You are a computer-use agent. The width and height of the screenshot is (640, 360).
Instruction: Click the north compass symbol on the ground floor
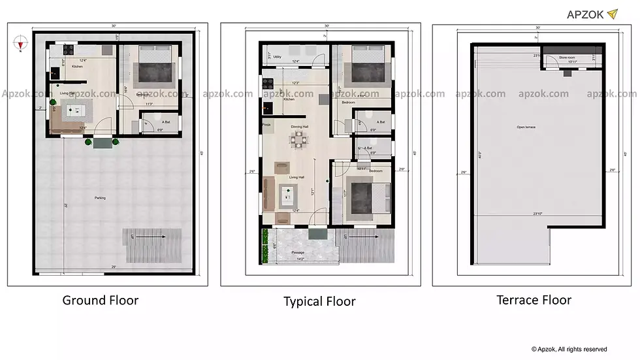[21, 44]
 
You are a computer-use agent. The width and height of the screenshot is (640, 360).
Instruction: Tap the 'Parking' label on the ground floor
[100, 197]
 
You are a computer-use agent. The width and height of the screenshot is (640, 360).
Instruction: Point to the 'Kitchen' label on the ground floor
[77, 67]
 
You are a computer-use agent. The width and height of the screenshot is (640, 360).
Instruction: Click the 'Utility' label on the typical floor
[278, 57]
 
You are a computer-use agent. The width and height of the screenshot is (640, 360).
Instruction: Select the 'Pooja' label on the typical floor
[266, 123]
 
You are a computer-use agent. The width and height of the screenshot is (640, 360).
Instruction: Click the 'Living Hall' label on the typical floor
[297, 176]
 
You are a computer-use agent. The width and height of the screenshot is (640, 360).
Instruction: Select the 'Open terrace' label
[526, 127]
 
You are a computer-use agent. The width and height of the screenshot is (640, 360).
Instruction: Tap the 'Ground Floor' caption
[100, 300]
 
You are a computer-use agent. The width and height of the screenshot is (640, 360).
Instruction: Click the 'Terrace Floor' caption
[534, 300]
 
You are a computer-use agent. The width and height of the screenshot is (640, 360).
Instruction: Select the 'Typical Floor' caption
[319, 301]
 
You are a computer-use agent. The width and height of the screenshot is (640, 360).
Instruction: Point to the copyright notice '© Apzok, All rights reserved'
[569, 349]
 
